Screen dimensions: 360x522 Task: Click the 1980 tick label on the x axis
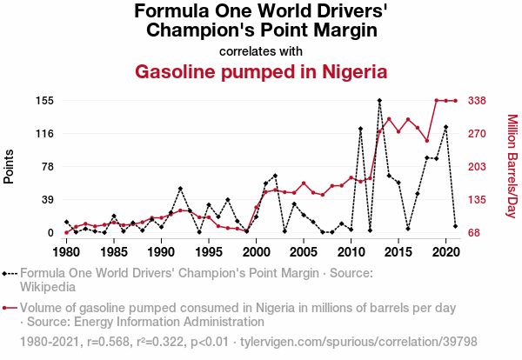66,252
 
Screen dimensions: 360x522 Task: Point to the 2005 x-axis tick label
303,252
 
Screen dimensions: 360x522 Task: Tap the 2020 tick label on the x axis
445,252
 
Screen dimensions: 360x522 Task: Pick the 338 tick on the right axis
477,101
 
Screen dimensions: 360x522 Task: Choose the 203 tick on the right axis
477,167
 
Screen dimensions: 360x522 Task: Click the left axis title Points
10,166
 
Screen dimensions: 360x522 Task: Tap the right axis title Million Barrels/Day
512,166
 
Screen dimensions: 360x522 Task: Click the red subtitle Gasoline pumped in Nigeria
261,71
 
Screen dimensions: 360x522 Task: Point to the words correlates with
261,50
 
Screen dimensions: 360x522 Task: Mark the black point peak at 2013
379,101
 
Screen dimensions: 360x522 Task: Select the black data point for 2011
360,129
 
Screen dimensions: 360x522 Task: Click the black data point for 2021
455,226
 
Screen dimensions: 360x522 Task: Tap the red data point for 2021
455,101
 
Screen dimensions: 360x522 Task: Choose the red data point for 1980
66,232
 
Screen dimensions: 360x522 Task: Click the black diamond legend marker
10,273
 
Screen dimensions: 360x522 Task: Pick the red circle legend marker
10,307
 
